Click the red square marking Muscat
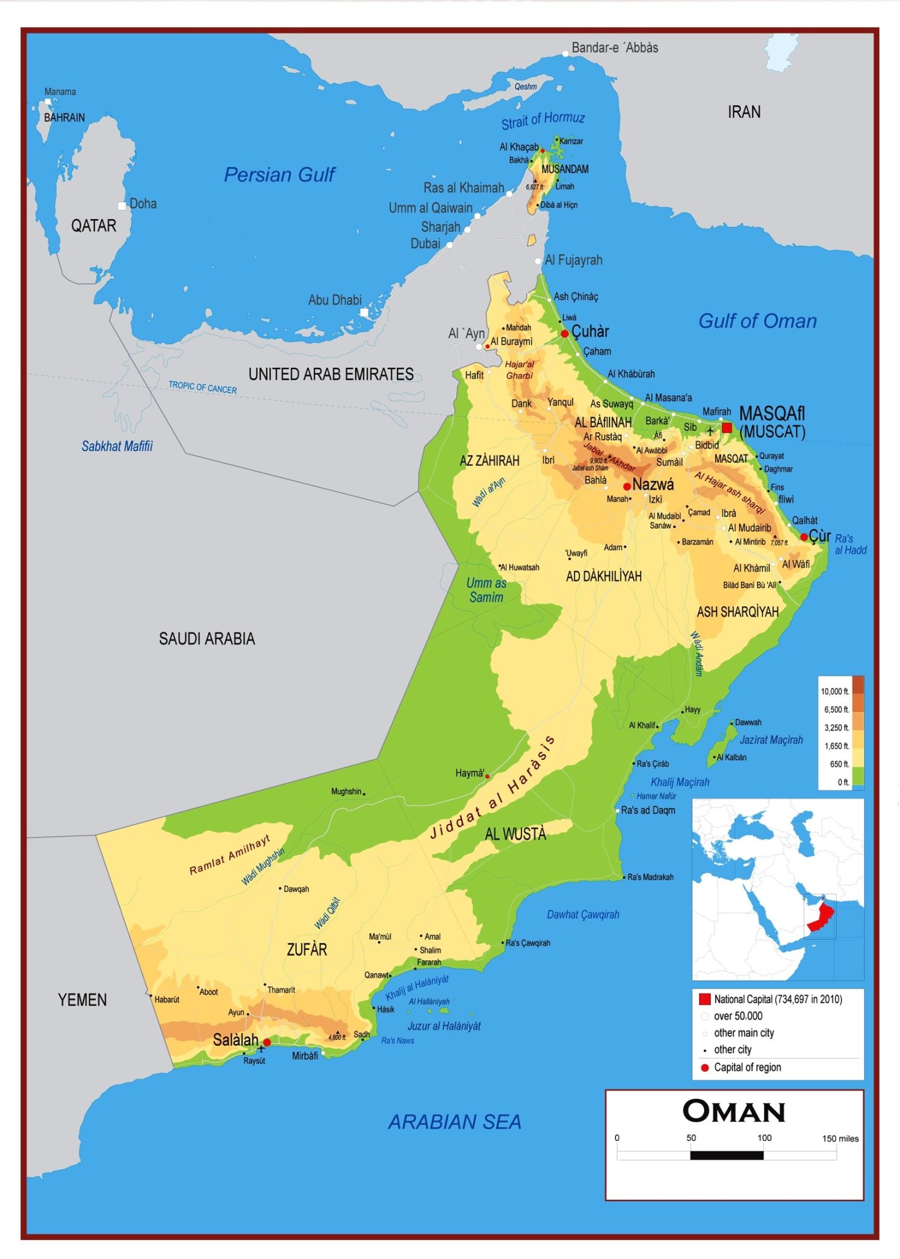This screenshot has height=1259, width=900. pos(727,428)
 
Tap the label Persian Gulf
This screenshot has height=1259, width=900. pos(280,175)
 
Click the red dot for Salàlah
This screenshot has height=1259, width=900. pos(267,1043)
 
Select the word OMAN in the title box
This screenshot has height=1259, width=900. pos(734,1111)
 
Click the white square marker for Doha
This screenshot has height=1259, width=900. pos(122,206)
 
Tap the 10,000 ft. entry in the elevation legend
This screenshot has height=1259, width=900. pos(835,692)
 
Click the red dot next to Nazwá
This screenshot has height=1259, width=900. pos(627,486)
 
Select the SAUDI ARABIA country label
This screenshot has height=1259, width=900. pos(206,639)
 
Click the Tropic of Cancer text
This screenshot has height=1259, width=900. pos(202,388)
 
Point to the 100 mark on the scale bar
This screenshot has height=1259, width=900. pos(764,1138)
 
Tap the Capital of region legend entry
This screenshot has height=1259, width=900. pos(747,1068)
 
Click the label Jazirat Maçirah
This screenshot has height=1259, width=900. pos(771,740)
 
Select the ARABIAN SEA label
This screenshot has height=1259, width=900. pos(455,1122)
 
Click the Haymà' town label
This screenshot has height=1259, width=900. pos(470,773)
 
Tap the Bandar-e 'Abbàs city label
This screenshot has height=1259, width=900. pos(614,48)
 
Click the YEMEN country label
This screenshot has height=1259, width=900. pos(82,1000)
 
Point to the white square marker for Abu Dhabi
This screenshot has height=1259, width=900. pos(364,312)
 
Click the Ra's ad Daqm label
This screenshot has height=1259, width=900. pos(648,810)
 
